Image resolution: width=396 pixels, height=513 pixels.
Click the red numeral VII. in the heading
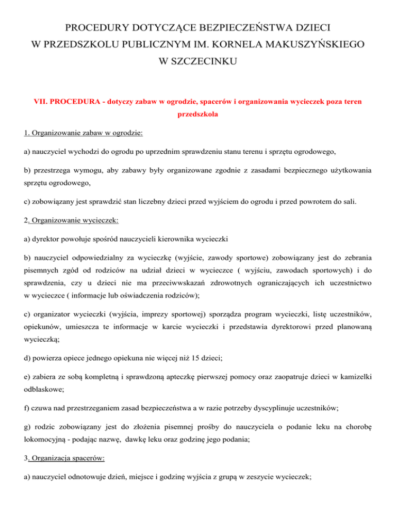click(x=43, y=103)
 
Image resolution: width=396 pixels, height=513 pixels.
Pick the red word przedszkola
click(x=197, y=116)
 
